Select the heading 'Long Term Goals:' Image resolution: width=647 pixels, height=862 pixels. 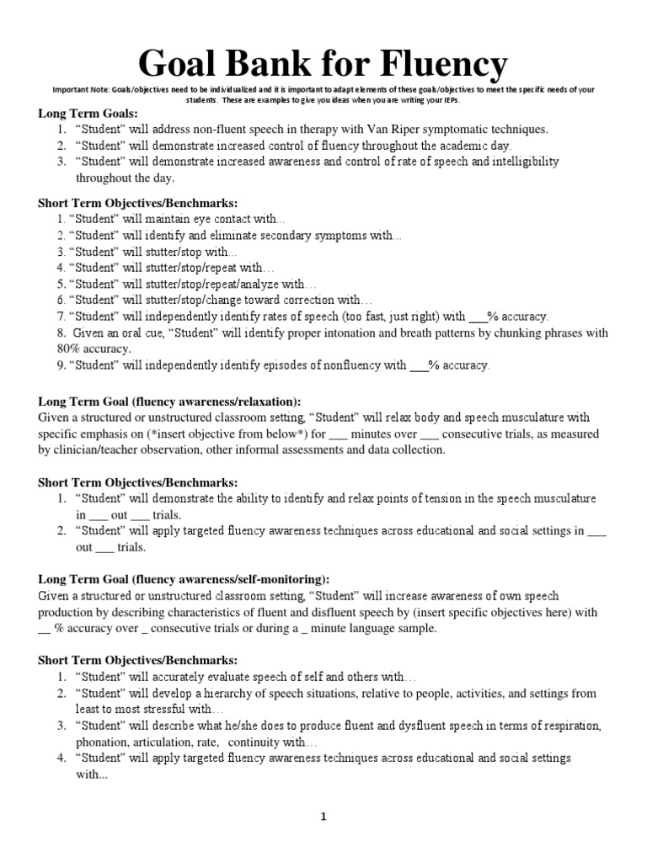click(88, 114)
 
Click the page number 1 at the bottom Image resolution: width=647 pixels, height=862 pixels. click(323, 816)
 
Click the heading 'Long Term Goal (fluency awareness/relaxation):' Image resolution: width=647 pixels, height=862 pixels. click(169, 402)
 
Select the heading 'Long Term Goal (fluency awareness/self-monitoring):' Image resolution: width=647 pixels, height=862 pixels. click(184, 579)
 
